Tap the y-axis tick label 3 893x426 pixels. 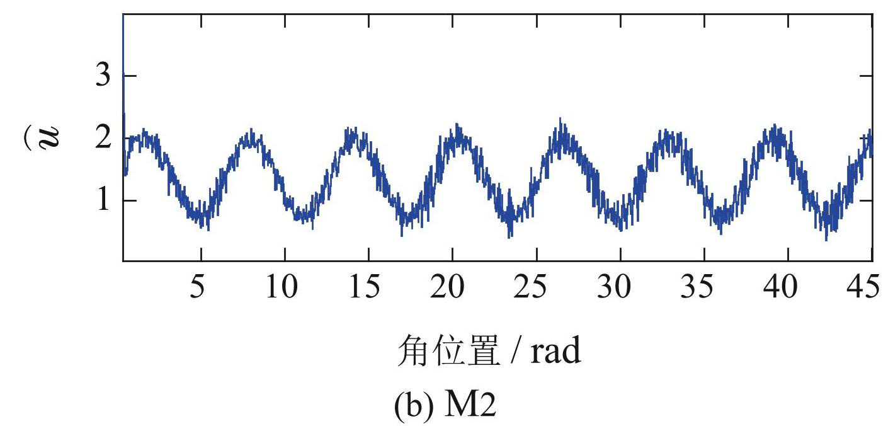click(x=101, y=76)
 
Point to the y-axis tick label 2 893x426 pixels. click(x=101, y=139)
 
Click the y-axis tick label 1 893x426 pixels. click(x=101, y=201)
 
